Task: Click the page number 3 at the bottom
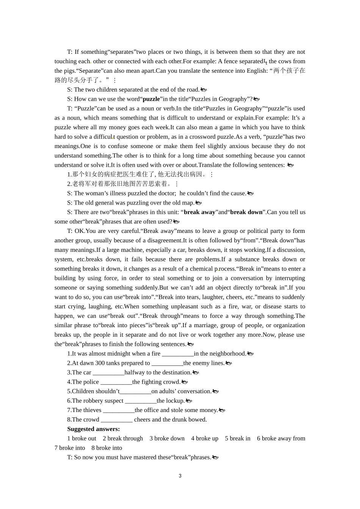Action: coord(180,476)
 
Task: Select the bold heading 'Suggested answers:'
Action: coord(93,429)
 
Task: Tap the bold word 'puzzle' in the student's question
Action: coord(151,99)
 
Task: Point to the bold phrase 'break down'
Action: coord(246,212)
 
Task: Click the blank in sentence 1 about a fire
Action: coord(177,354)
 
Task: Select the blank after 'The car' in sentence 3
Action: coord(108,373)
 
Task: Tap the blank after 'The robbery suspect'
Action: coord(141,401)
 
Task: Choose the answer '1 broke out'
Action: coord(81,438)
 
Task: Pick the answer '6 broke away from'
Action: coord(281,438)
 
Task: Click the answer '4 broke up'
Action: coord(205,438)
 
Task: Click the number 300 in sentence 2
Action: coord(100,363)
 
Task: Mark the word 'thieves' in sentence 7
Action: coord(92,410)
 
